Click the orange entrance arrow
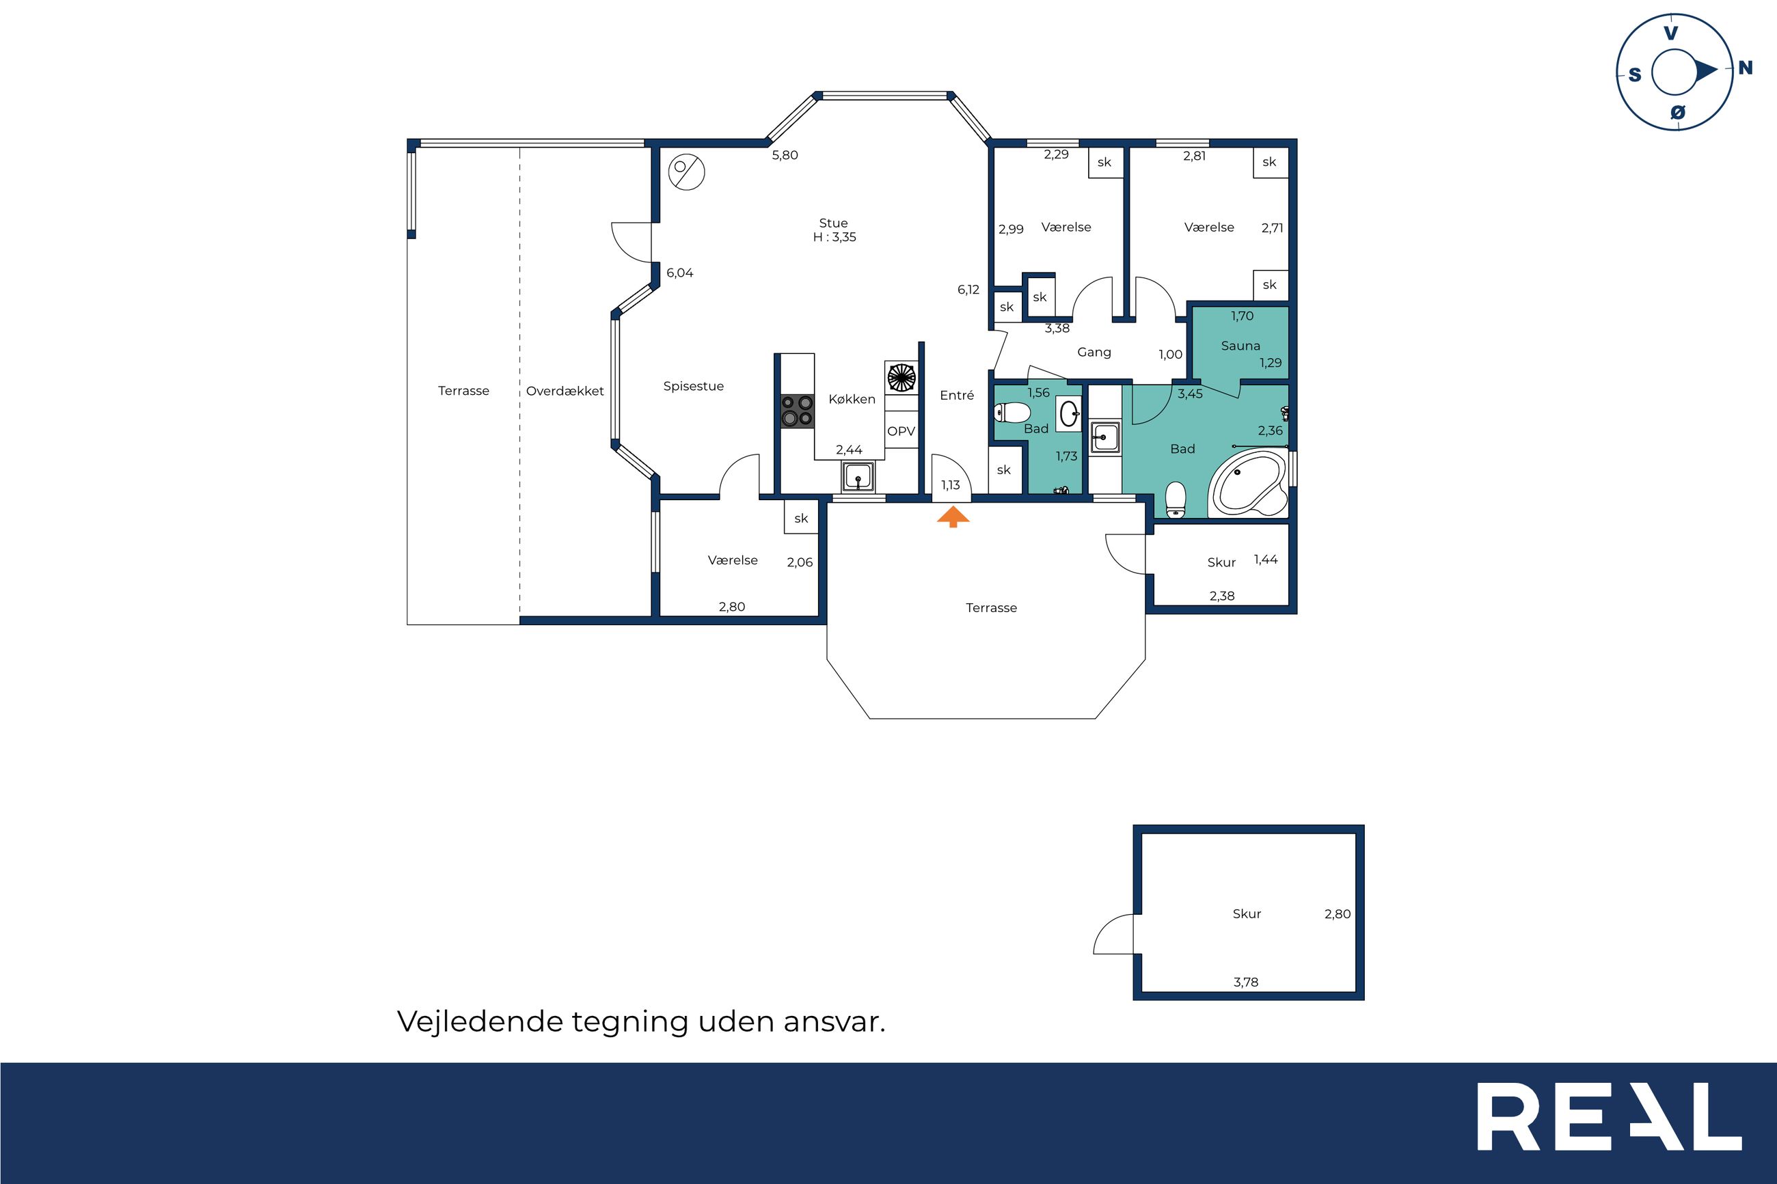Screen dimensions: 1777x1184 pos(953,517)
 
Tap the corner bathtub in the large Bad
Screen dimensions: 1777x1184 pos(1247,484)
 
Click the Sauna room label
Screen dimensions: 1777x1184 pos(1240,346)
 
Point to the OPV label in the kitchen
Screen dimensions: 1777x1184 pos(901,431)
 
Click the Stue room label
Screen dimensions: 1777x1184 pos(834,223)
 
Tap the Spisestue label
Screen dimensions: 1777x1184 pos(693,387)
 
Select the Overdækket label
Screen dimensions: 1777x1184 pos(565,391)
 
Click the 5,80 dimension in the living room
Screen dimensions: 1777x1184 pos(785,156)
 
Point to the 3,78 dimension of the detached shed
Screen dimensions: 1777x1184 pos(1246,982)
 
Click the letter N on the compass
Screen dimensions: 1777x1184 pos(1746,68)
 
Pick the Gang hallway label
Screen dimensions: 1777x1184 pos(1094,353)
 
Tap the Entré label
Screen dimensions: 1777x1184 pos(957,395)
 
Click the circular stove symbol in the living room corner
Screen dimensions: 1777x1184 pos(686,172)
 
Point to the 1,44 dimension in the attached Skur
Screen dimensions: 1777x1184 pos(1266,560)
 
